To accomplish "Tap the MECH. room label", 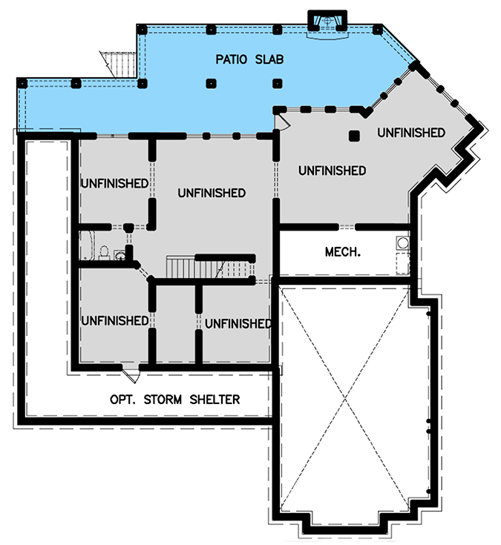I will pyautogui.click(x=343, y=251).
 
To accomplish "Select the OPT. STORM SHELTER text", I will pyautogui.click(x=175, y=400).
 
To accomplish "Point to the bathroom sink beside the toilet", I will pyautogui.click(x=119, y=256).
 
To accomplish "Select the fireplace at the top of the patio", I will pyautogui.click(x=327, y=20).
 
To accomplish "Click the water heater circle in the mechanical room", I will pyautogui.click(x=402, y=242).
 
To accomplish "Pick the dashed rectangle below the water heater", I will pyautogui.click(x=402, y=262).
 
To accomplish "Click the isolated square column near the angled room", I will pyautogui.click(x=355, y=136).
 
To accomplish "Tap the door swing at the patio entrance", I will pyautogui.click(x=281, y=121).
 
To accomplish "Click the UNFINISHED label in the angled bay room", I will pyautogui.click(x=410, y=133).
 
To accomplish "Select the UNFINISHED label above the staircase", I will pyautogui.click(x=212, y=193).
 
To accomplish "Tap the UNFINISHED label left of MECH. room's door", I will pyautogui.click(x=332, y=171).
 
